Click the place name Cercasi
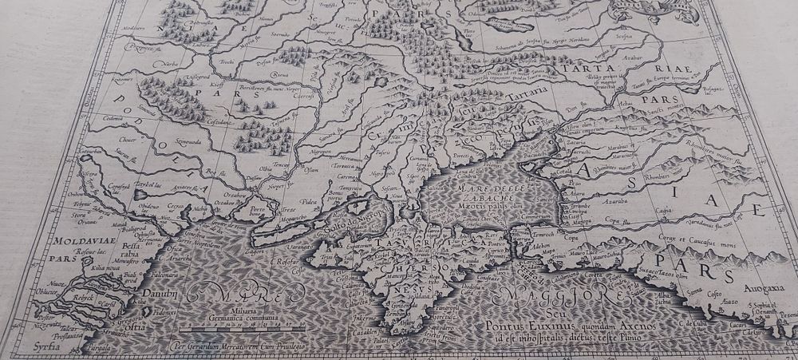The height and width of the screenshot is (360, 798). click(176, 207)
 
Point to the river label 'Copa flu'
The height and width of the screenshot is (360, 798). click(612, 217)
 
